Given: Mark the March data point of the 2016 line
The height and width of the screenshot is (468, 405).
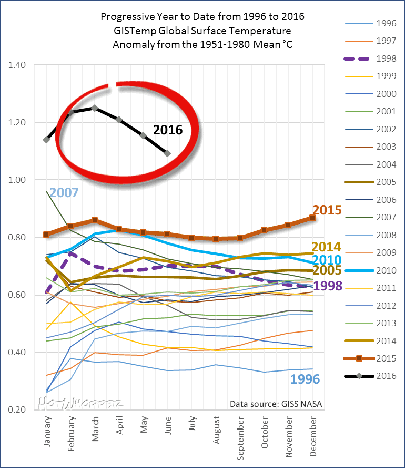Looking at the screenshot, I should pos(95,108).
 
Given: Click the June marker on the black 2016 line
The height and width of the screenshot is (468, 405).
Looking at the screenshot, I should pos(167,153).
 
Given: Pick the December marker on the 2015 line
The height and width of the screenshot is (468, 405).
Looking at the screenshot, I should pos(313,217).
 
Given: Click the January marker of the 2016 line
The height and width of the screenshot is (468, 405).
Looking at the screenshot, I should pos(46,140).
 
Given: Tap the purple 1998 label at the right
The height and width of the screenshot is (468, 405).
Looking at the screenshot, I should pos(328,287).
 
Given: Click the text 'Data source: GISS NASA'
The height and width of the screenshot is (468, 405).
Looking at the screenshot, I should pos(276,405).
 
